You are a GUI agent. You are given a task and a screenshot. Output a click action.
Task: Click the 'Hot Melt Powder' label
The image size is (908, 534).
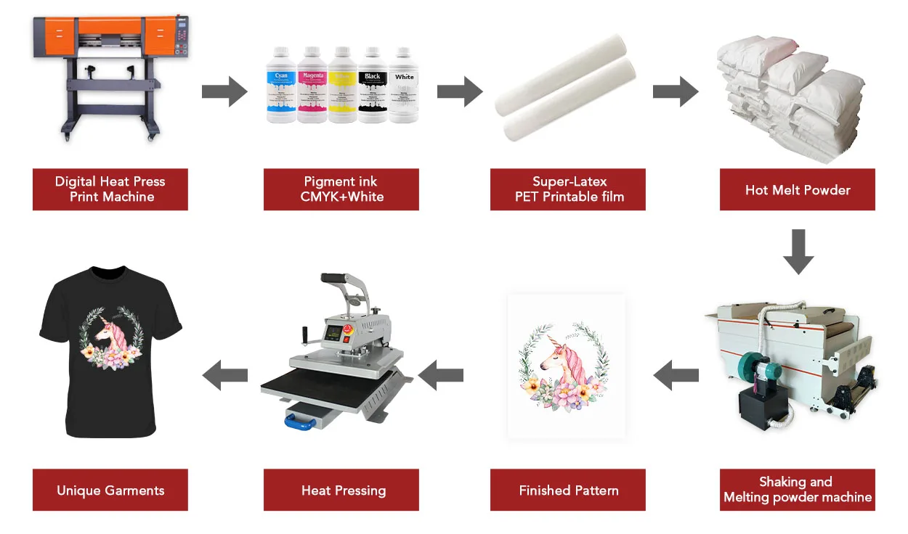(797, 190)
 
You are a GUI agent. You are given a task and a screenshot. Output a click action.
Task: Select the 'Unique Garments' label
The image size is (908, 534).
(110, 490)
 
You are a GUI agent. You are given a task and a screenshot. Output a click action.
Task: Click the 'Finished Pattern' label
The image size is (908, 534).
(568, 490)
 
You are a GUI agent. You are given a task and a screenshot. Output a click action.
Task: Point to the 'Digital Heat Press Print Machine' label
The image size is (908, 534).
(110, 189)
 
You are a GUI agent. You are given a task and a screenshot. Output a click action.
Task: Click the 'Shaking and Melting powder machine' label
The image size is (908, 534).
(797, 490)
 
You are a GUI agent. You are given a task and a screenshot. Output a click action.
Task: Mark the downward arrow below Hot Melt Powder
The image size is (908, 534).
(798, 251)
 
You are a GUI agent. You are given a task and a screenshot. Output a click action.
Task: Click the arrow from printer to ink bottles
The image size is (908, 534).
(225, 91)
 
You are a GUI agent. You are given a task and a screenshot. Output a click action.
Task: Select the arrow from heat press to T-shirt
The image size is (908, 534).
(224, 375)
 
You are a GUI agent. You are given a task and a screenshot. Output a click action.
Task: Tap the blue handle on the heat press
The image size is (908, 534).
(304, 419)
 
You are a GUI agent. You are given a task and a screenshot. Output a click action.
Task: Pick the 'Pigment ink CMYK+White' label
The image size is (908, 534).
(341, 189)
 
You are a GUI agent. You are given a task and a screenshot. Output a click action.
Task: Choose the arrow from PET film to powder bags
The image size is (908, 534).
(676, 91)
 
